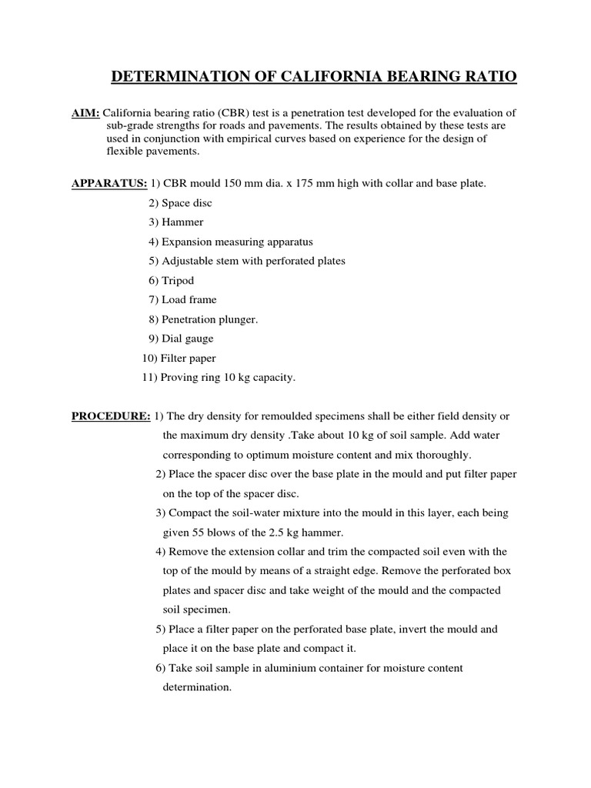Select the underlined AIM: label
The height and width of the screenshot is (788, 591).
[85, 113]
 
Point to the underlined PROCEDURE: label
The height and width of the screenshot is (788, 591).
[111, 416]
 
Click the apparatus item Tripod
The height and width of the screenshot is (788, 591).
[177, 280]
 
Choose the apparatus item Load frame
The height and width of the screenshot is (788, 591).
[189, 299]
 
